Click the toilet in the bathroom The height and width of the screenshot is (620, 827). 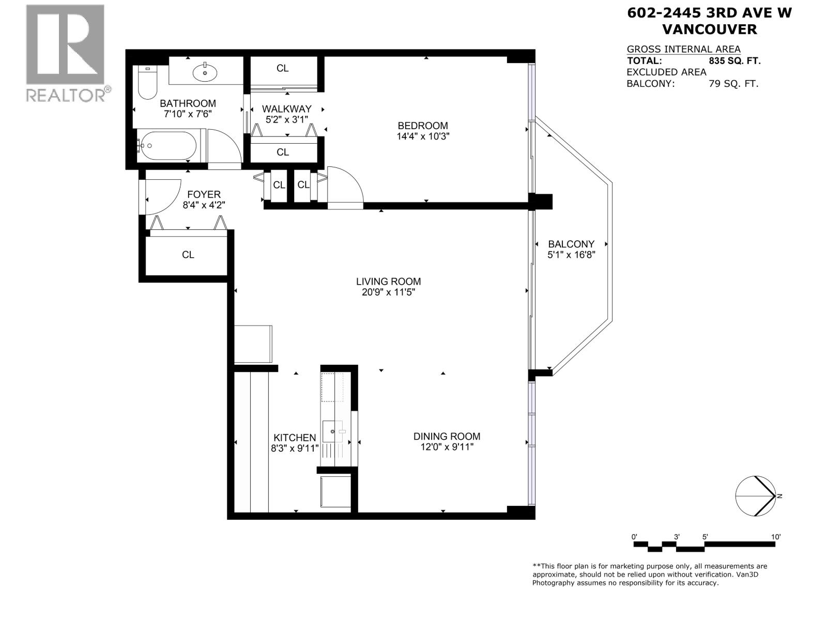point(148,85)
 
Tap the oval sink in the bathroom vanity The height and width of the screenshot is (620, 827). point(206,72)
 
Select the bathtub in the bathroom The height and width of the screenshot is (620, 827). point(169,146)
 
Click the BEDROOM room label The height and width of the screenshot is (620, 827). point(422,126)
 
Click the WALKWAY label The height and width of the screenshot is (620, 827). point(286,109)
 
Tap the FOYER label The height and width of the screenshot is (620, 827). point(204,194)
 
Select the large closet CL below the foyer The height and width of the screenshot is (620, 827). point(188,255)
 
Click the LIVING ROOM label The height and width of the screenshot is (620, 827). point(388,282)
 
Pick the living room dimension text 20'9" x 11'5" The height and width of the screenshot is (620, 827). point(388,292)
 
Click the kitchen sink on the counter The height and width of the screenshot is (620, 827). point(331,429)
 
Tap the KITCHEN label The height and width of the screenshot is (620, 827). point(294,438)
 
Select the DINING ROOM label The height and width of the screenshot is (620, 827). point(447,437)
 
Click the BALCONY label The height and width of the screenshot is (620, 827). point(571,244)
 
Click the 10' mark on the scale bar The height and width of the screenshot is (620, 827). point(775,537)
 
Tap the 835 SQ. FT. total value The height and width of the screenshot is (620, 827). point(734,61)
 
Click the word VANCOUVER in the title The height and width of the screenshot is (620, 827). point(709,29)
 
